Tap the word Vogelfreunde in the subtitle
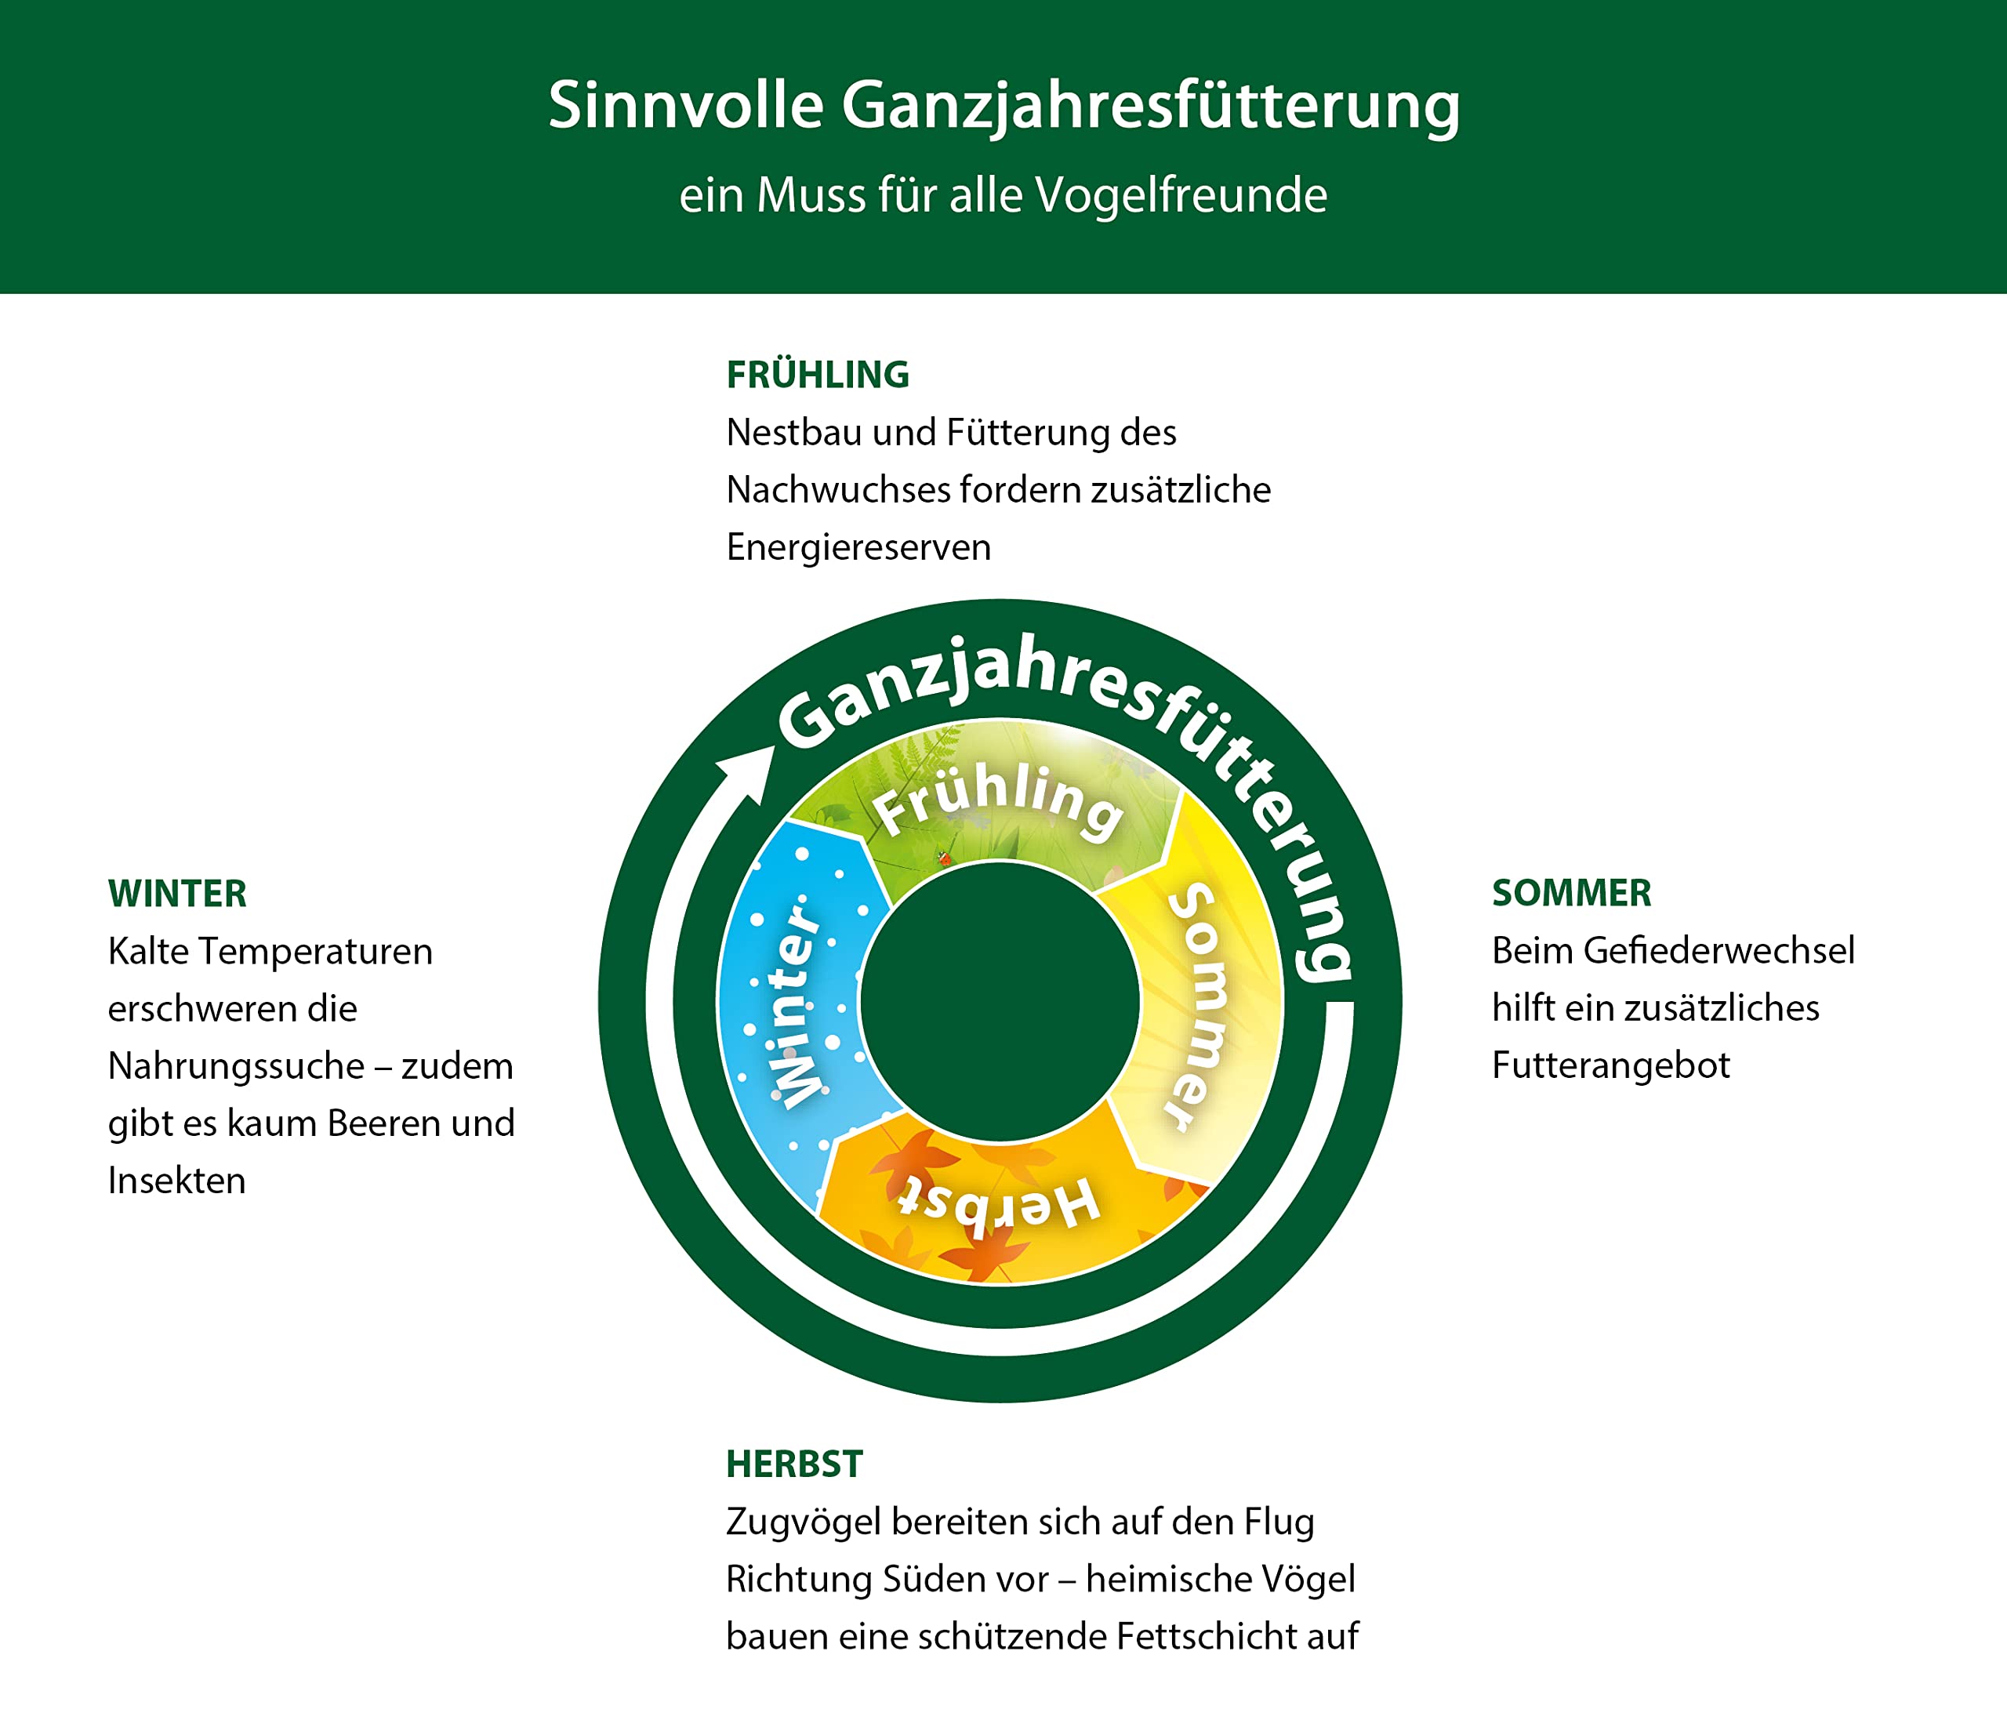[1181, 196]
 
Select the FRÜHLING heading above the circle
[818, 375]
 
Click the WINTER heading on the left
[177, 894]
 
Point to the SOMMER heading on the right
[1571, 893]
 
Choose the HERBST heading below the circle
[794, 1464]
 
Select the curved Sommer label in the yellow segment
[1201, 1007]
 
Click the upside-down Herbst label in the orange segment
[998, 1205]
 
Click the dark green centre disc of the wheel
[1000, 1001]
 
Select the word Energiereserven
[858, 548]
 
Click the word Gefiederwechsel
[1719, 951]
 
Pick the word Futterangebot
[1611, 1065]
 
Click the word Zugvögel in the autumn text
[803, 1522]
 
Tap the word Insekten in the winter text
[176, 1181]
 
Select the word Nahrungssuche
[236, 1066]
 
